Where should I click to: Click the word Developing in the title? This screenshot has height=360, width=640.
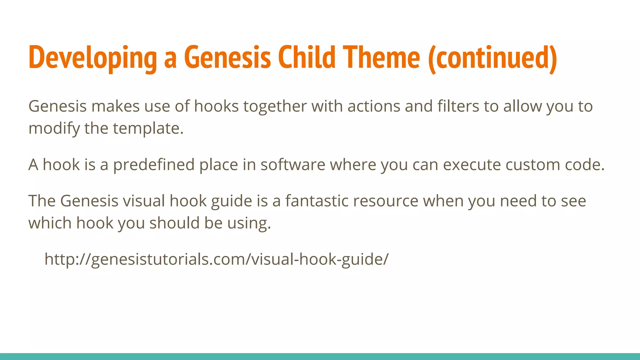[92, 58]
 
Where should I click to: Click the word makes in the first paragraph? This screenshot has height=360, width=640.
[115, 106]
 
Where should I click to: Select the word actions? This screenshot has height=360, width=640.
[374, 106]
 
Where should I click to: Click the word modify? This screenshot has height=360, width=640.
[54, 129]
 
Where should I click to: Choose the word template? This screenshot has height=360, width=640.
[148, 129]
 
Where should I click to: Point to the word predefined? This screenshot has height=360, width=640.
[154, 165]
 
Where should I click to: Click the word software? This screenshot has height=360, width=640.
[293, 165]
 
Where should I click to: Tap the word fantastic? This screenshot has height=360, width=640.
[316, 201]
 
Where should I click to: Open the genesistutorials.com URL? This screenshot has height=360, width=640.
[216, 259]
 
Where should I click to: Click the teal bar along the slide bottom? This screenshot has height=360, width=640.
[320, 357]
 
